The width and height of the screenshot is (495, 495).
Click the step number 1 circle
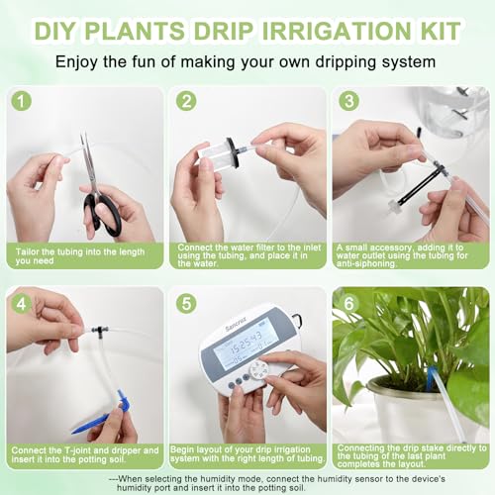21,101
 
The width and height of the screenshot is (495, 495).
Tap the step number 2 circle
185,101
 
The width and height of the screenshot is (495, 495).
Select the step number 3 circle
348,101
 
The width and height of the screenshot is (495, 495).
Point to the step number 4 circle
21,302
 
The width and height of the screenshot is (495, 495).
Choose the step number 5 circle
185,302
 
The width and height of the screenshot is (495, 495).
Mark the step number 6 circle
348,302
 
